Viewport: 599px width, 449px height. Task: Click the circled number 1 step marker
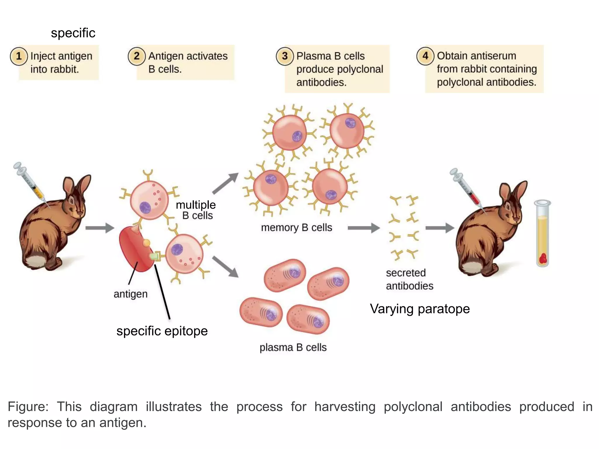click(x=19, y=56)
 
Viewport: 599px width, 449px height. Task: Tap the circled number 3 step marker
click(x=285, y=56)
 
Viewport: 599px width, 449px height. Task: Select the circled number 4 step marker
click(x=425, y=56)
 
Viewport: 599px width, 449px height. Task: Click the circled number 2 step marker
click(x=136, y=56)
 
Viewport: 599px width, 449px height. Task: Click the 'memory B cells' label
click(x=296, y=227)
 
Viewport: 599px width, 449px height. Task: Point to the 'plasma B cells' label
click(x=293, y=347)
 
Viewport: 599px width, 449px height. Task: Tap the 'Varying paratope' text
click(x=419, y=309)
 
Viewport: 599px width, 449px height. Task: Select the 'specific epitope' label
click(x=162, y=331)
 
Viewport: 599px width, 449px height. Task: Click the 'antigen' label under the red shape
click(x=130, y=294)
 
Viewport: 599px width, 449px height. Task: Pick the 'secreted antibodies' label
click(x=409, y=279)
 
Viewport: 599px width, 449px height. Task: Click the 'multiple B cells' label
click(x=196, y=210)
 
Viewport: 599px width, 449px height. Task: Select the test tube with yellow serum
click(x=542, y=234)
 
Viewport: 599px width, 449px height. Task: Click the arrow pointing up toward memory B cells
click(x=225, y=183)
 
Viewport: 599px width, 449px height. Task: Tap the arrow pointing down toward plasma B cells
click(x=225, y=266)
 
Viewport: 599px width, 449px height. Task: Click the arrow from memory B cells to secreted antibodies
click(x=364, y=228)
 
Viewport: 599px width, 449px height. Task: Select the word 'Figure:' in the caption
click(x=28, y=407)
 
